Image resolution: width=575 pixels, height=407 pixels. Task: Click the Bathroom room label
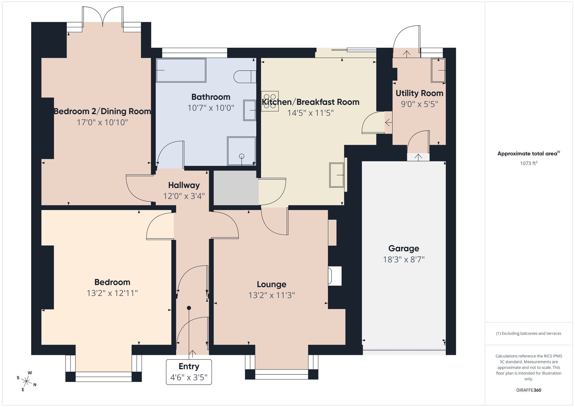[x=211, y=97]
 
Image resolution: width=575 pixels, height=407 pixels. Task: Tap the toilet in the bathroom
[x=244, y=77]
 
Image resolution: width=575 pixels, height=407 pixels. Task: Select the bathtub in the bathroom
[x=181, y=70]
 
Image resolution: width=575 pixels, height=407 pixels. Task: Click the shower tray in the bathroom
[x=241, y=151]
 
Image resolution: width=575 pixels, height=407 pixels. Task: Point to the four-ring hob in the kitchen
[x=270, y=101]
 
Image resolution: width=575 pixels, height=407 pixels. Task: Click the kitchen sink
[x=337, y=175]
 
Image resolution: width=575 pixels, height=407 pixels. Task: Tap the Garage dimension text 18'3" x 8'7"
[x=404, y=260]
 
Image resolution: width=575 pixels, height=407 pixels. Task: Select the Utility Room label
[x=419, y=93]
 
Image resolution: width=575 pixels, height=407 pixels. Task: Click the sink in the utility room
[x=438, y=70]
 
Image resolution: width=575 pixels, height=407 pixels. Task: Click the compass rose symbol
[x=26, y=382]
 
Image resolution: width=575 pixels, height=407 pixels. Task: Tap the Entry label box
[x=189, y=372]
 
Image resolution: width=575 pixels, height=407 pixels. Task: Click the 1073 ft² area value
[x=528, y=163]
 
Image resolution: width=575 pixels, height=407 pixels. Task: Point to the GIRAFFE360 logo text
[x=528, y=390]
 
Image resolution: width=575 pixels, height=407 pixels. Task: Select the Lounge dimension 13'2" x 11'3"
[x=272, y=295]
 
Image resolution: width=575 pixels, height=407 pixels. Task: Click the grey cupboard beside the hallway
[x=236, y=188]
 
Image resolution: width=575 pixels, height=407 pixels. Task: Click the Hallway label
[x=184, y=185]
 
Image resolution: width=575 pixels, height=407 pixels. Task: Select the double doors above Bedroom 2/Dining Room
[x=103, y=17]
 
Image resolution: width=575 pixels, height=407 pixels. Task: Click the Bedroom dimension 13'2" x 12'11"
[x=112, y=293]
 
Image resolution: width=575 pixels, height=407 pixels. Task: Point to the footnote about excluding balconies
[x=528, y=333]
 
